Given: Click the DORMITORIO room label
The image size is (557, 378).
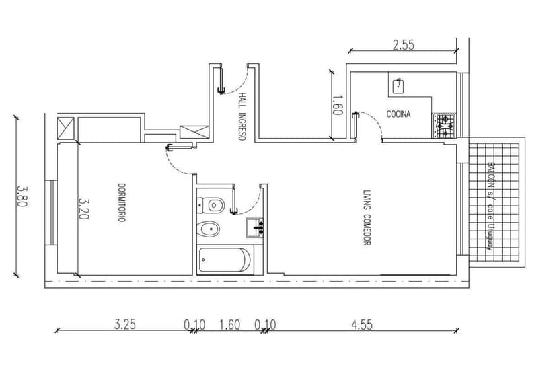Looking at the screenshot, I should coord(122,202).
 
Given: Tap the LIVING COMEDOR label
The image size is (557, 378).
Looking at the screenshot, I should coord(367,217).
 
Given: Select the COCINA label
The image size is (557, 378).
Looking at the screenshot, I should coord(398,114).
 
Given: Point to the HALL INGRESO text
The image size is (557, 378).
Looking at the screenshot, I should coord(240,116).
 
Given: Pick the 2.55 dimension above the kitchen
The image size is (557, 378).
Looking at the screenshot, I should coord(403,46).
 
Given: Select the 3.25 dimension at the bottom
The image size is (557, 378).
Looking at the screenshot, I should coord(124,324).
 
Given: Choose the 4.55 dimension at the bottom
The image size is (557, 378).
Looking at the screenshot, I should coord(361,324).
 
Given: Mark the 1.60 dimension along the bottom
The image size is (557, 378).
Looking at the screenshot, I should coord(229,324).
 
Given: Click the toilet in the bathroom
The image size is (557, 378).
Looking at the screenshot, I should coord(213,203).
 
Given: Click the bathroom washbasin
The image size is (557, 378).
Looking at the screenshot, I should coord(255,227).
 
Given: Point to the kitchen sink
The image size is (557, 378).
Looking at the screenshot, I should coord(398,85).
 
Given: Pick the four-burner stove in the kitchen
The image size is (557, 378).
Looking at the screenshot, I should coord(444,126).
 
